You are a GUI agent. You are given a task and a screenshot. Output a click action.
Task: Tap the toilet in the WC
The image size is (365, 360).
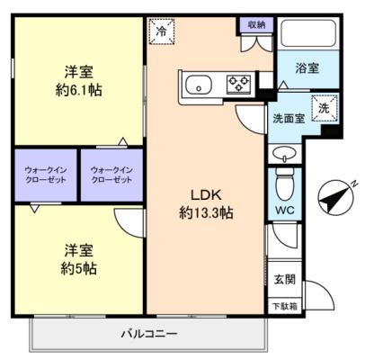point(284,184)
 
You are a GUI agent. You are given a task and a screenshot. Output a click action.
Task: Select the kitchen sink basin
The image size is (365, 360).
point(199,85)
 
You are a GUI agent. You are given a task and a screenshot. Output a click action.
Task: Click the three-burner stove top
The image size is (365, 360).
point(238,84)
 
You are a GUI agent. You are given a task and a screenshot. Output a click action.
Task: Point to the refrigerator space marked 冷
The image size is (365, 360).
point(162,31)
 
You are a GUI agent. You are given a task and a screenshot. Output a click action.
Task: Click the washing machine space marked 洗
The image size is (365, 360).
point(325,108)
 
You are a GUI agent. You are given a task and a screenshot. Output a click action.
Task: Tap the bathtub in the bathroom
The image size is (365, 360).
point(308,33)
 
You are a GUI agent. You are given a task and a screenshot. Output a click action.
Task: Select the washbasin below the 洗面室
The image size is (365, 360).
point(283,154)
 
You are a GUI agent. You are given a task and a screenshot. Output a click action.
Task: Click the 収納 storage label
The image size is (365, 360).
point(256,25)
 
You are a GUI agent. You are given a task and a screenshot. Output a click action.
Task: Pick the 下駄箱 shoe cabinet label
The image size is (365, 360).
point(285,307)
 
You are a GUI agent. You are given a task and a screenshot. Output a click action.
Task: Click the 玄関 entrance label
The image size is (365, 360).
point(285,279)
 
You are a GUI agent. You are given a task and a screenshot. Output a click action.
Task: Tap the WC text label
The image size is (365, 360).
point(285,210)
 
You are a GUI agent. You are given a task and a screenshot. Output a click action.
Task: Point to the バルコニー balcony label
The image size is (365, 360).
point(149,334)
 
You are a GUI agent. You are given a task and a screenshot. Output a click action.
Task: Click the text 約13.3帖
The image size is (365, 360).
point(206,213)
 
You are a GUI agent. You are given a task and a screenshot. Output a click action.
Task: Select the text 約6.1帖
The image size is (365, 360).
point(78,90)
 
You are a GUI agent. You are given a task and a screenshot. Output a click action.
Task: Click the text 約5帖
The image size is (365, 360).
point(78,268)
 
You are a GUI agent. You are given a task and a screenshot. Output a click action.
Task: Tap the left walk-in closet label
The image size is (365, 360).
point(46,175)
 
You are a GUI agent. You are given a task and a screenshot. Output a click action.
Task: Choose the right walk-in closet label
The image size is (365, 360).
point(111,175)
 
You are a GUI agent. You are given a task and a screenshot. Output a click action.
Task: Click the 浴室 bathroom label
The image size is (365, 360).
point(307,68)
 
